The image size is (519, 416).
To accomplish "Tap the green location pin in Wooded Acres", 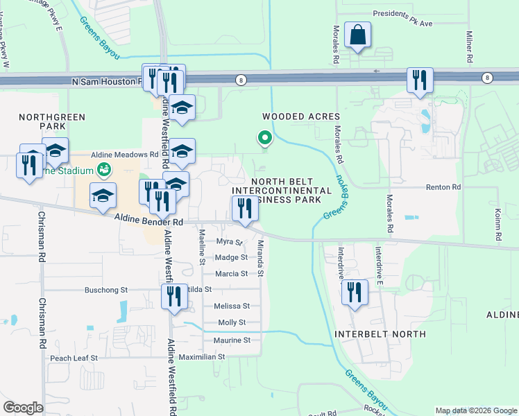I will pos(264,139).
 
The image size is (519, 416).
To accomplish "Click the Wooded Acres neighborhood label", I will pos(300,116).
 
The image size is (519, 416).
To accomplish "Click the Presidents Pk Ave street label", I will pos(402,13).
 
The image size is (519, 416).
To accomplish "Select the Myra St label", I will pos(228,242).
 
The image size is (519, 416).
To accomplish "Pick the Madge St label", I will pos(231,257).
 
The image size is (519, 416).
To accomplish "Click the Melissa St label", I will pos(232,306).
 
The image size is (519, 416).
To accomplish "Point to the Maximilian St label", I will pos(203,356).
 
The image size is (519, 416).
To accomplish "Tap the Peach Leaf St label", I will pos(75,358).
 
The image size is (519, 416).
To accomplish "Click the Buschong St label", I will pos(106,290).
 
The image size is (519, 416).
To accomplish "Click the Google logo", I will pos(23,408).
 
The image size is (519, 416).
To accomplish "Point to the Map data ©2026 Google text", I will pos(475,410).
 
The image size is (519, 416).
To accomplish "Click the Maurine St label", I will pos(232,340).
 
